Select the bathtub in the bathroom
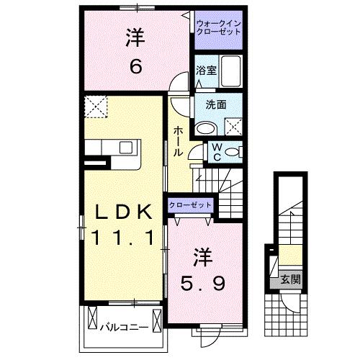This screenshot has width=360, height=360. click(232, 71)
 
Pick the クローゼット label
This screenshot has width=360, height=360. click(190, 204)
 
